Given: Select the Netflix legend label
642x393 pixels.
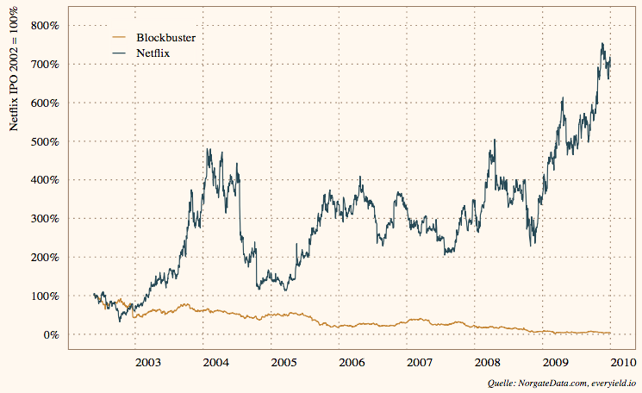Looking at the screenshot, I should click(x=156, y=53).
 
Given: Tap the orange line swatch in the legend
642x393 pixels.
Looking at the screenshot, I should click(x=120, y=38).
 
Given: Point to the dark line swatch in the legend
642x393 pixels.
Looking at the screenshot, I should click(x=120, y=53).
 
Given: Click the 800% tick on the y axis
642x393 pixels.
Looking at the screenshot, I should click(x=43, y=26).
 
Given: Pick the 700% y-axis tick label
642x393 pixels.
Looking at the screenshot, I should click(x=43, y=65).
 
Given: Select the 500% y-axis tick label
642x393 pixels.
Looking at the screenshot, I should click(x=43, y=141).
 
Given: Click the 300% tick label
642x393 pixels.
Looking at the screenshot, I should click(x=43, y=219).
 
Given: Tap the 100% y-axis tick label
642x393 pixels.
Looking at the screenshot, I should click(x=43, y=296).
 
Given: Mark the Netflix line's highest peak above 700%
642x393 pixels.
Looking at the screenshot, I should click(x=602, y=44).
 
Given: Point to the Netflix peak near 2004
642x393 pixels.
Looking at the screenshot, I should click(x=208, y=149).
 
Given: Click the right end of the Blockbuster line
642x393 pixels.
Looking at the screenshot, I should click(x=610, y=333).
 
